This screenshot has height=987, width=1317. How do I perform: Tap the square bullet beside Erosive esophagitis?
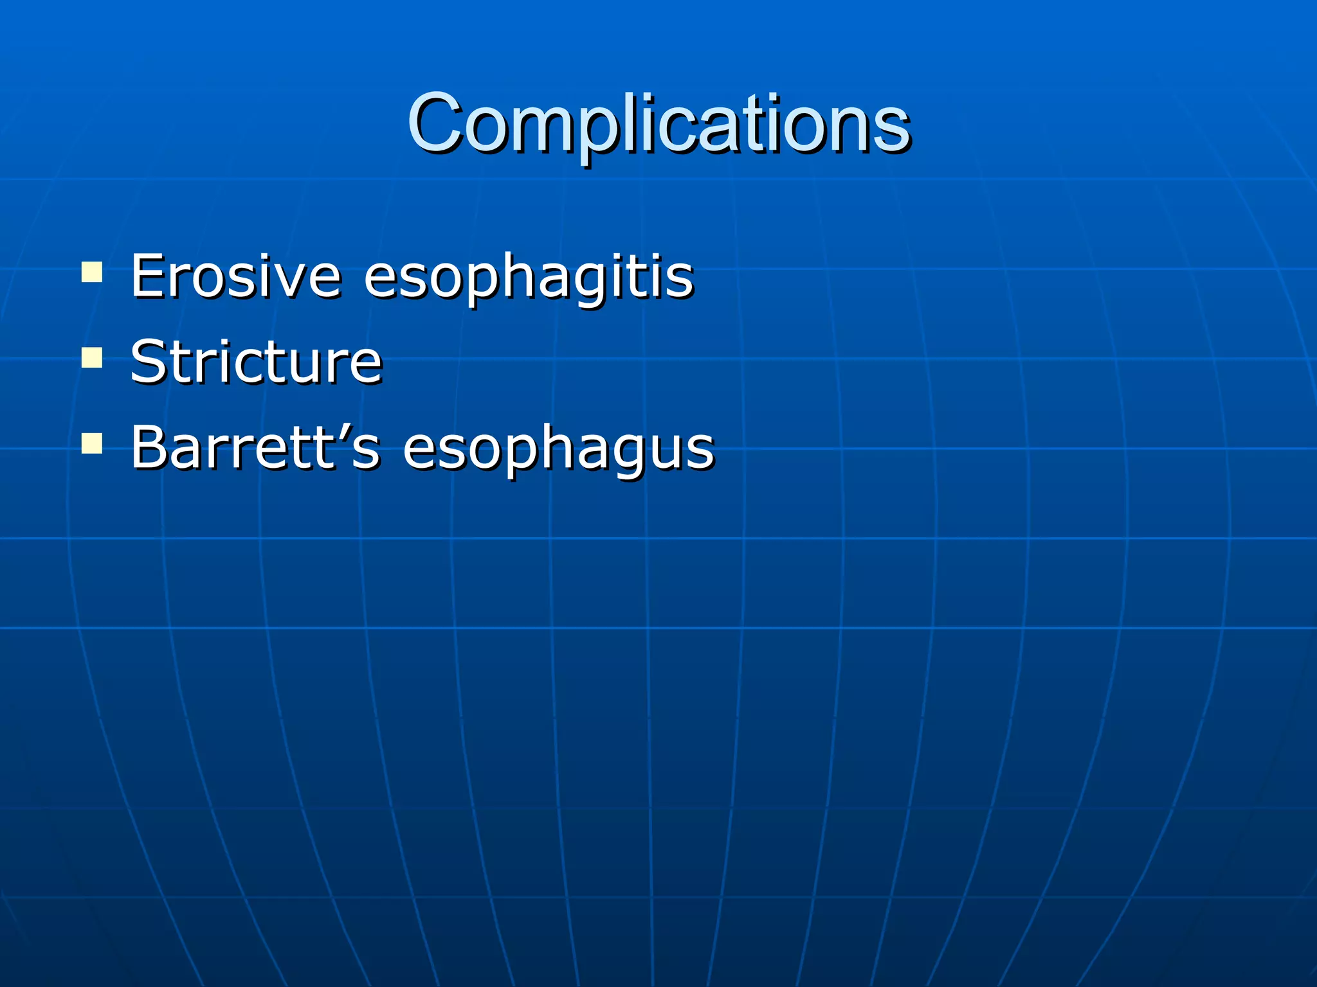tap(92, 272)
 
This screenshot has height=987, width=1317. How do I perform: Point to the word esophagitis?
tap(529, 278)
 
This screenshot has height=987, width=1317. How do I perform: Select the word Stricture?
tap(256, 362)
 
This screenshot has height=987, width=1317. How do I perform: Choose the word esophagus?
tap(558, 449)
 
